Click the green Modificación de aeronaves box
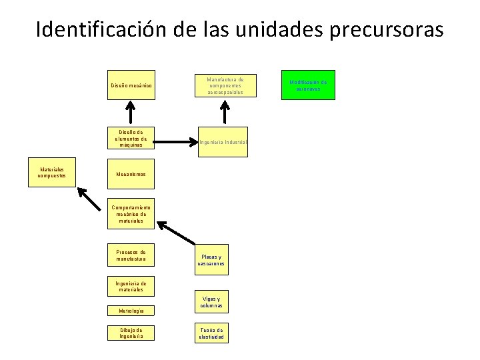307,85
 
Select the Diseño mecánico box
131,85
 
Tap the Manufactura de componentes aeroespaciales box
223,85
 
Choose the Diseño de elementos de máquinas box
131,139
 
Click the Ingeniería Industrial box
223,142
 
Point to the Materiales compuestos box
51,173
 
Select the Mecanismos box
131,175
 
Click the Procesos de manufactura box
131,255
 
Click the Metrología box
131,311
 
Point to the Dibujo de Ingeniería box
131,333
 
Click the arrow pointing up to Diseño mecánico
132,112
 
